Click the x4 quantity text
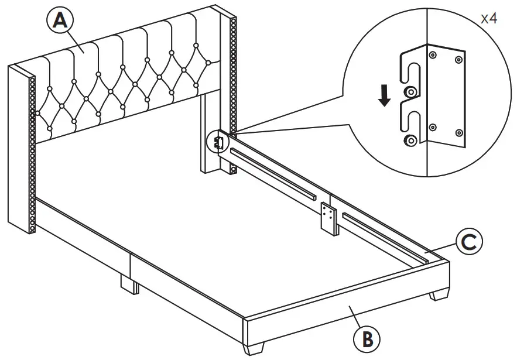pyautogui.click(x=489, y=18)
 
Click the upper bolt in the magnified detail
pyautogui.click(x=410, y=91)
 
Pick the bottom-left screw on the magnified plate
pyautogui.click(x=433, y=126)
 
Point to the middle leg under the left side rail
pyautogui.click(x=129, y=284)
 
